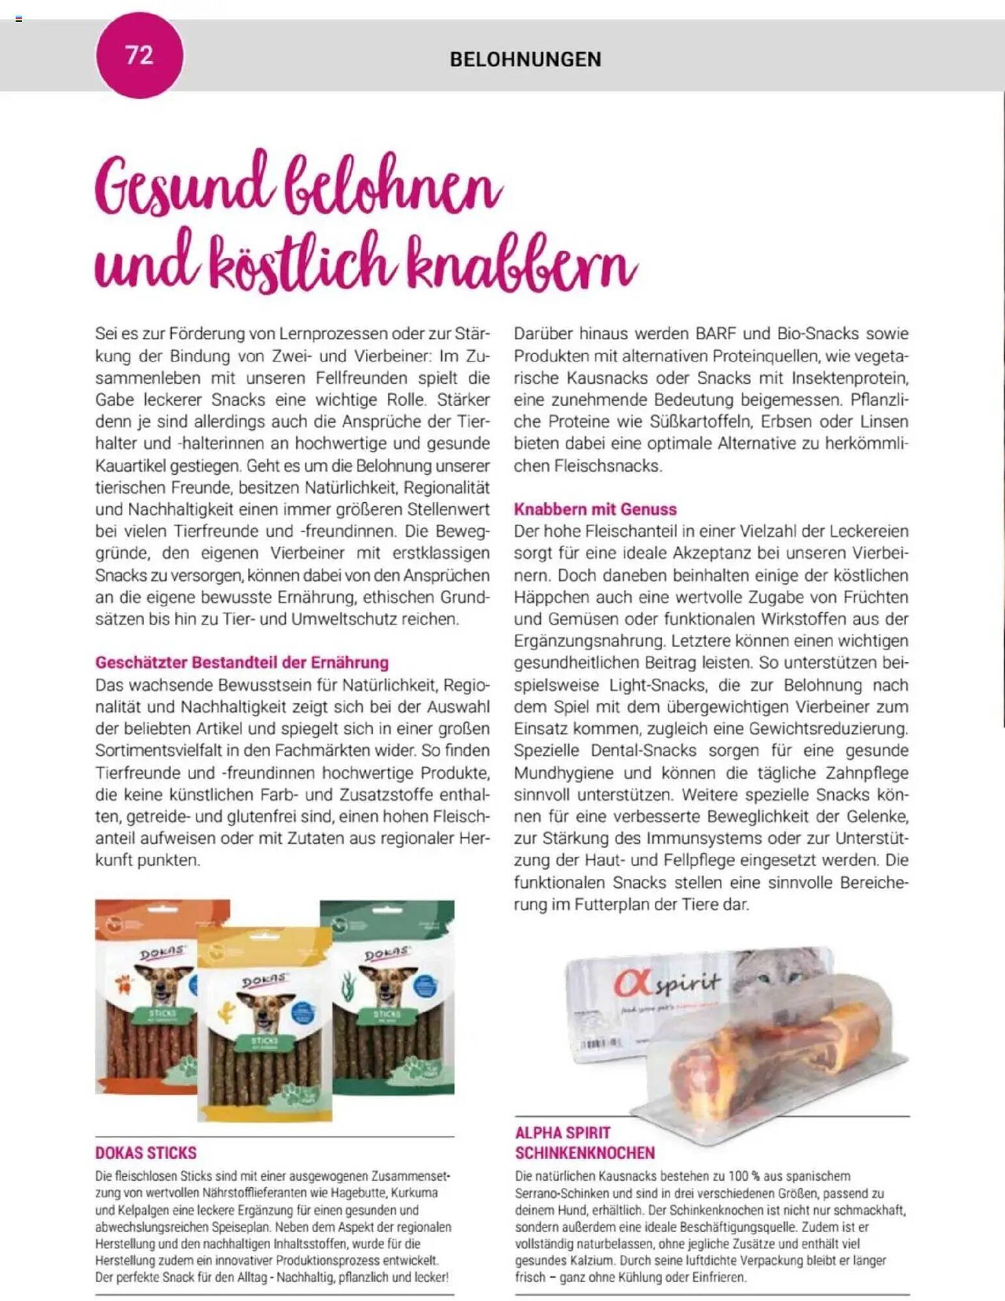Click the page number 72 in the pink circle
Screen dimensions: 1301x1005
click(139, 56)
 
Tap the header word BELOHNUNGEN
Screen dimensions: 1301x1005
click(525, 60)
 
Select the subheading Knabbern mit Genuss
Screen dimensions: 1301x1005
click(595, 509)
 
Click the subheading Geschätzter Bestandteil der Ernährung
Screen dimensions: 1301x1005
click(241, 663)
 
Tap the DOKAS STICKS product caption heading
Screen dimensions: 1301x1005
click(146, 1153)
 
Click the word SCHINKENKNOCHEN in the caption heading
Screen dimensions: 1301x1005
click(585, 1153)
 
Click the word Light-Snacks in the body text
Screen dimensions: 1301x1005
click(657, 685)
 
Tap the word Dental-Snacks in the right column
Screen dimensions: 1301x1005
click(643, 751)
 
